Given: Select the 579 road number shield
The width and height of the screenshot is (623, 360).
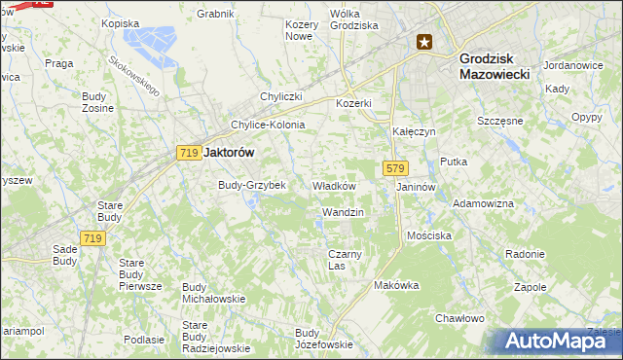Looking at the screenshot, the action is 394,168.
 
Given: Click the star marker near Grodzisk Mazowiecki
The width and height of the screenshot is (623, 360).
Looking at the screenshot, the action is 424,42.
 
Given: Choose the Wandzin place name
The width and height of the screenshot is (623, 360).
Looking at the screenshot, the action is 342,211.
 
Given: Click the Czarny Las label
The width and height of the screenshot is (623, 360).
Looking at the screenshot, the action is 345,260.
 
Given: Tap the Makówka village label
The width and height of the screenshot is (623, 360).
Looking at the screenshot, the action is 396,285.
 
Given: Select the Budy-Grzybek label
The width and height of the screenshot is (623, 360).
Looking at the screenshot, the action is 252,185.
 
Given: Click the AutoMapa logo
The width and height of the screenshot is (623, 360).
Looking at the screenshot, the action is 557,342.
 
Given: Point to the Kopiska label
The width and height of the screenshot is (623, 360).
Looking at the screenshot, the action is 121,22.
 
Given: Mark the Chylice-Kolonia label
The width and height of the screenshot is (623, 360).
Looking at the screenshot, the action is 268,125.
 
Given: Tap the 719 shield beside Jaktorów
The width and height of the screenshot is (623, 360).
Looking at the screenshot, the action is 189,153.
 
